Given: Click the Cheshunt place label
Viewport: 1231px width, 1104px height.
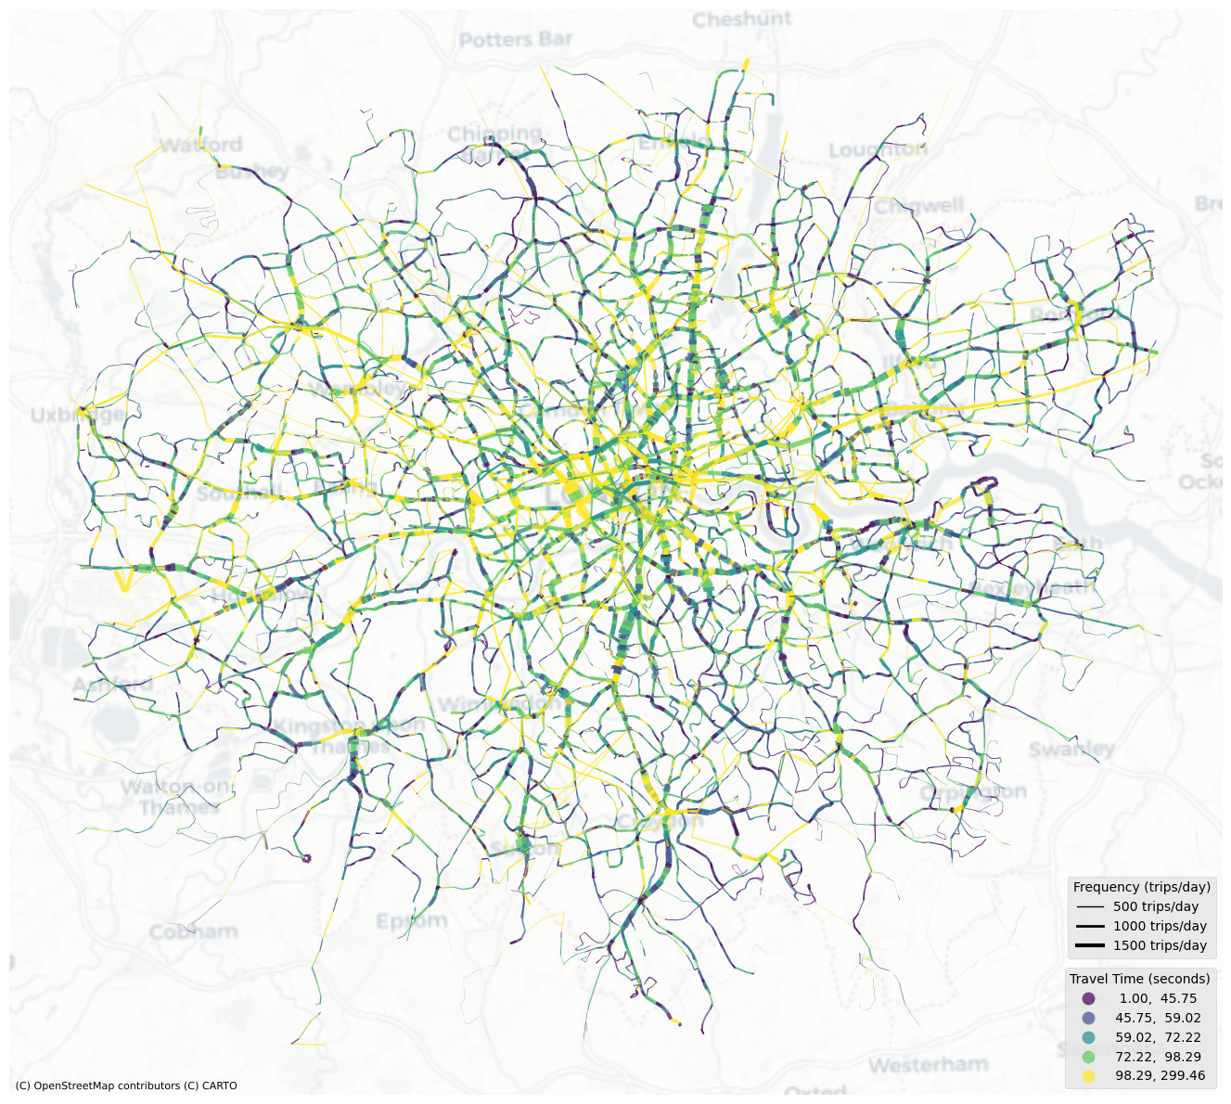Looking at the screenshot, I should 742,19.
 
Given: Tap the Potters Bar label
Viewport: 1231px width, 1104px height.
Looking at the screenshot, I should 516,40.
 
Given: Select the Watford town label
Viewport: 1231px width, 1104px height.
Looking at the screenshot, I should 200,145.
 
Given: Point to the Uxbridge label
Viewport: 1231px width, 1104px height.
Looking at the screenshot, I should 76,415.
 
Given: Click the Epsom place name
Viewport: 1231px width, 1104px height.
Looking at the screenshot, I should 412,921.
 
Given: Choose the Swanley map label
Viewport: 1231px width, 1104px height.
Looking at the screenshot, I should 1071,749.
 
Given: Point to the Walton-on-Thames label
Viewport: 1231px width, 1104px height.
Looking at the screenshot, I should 175,797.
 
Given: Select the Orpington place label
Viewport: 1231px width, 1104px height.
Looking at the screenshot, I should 973,792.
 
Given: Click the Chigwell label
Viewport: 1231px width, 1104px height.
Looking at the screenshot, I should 919,206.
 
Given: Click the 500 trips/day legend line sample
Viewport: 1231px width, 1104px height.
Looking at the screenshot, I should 1090,906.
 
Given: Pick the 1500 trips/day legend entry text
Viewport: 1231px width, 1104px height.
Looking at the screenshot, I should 1160,945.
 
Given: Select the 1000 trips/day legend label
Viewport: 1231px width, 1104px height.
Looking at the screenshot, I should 1160,926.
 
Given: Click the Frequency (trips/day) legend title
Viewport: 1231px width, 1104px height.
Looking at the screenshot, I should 1141,887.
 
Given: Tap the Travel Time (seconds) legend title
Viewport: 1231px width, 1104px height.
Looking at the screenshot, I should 1139,979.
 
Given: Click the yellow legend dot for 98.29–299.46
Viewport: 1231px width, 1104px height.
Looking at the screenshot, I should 1089,1076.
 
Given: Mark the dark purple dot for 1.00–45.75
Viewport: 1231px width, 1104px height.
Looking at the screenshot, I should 1089,998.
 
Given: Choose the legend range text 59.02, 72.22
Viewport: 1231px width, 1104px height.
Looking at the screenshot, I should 1158,1037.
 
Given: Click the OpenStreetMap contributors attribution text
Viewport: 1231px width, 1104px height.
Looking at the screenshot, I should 126,1085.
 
